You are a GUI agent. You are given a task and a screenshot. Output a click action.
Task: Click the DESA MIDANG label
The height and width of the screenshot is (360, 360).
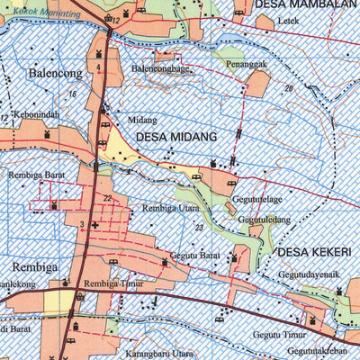pyautogui.click(x=177, y=138)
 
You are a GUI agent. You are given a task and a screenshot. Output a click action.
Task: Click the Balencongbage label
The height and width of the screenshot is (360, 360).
pyautogui.click(x=160, y=68)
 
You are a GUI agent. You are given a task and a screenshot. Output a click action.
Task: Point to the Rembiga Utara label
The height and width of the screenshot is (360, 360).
pyautogui.click(x=170, y=208)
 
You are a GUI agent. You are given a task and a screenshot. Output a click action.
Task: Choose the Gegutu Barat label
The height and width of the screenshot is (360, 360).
pyautogui.click(x=193, y=256)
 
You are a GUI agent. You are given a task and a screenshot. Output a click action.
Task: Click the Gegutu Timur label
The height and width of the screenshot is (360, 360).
pyautogui.click(x=280, y=333)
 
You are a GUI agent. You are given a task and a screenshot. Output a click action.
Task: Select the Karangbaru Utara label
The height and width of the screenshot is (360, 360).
pyautogui.click(x=159, y=354)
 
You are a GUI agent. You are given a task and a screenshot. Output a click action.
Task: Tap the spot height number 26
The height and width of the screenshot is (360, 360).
pyautogui.click(x=288, y=89)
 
